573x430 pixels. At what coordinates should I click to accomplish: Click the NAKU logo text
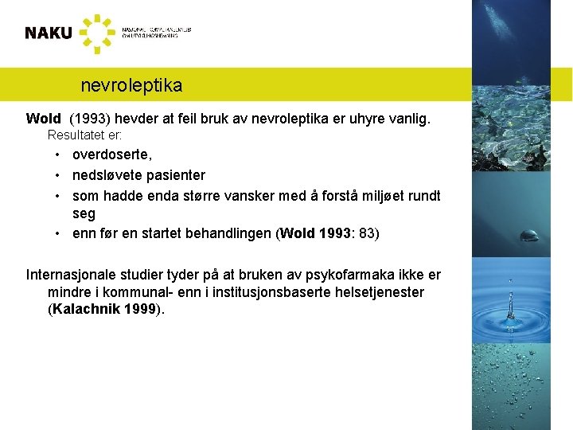(48, 33)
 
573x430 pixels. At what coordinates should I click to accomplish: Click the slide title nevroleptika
(131, 84)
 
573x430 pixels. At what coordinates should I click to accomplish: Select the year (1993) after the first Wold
(90, 119)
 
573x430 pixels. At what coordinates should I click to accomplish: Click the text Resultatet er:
(85, 135)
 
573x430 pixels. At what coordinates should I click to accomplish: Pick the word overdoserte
(112, 154)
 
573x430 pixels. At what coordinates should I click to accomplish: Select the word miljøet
(374, 195)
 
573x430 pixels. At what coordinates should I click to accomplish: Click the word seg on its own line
(84, 213)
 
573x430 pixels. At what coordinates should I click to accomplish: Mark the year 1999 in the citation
(141, 309)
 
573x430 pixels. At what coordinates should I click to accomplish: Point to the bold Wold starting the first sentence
(43, 119)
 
